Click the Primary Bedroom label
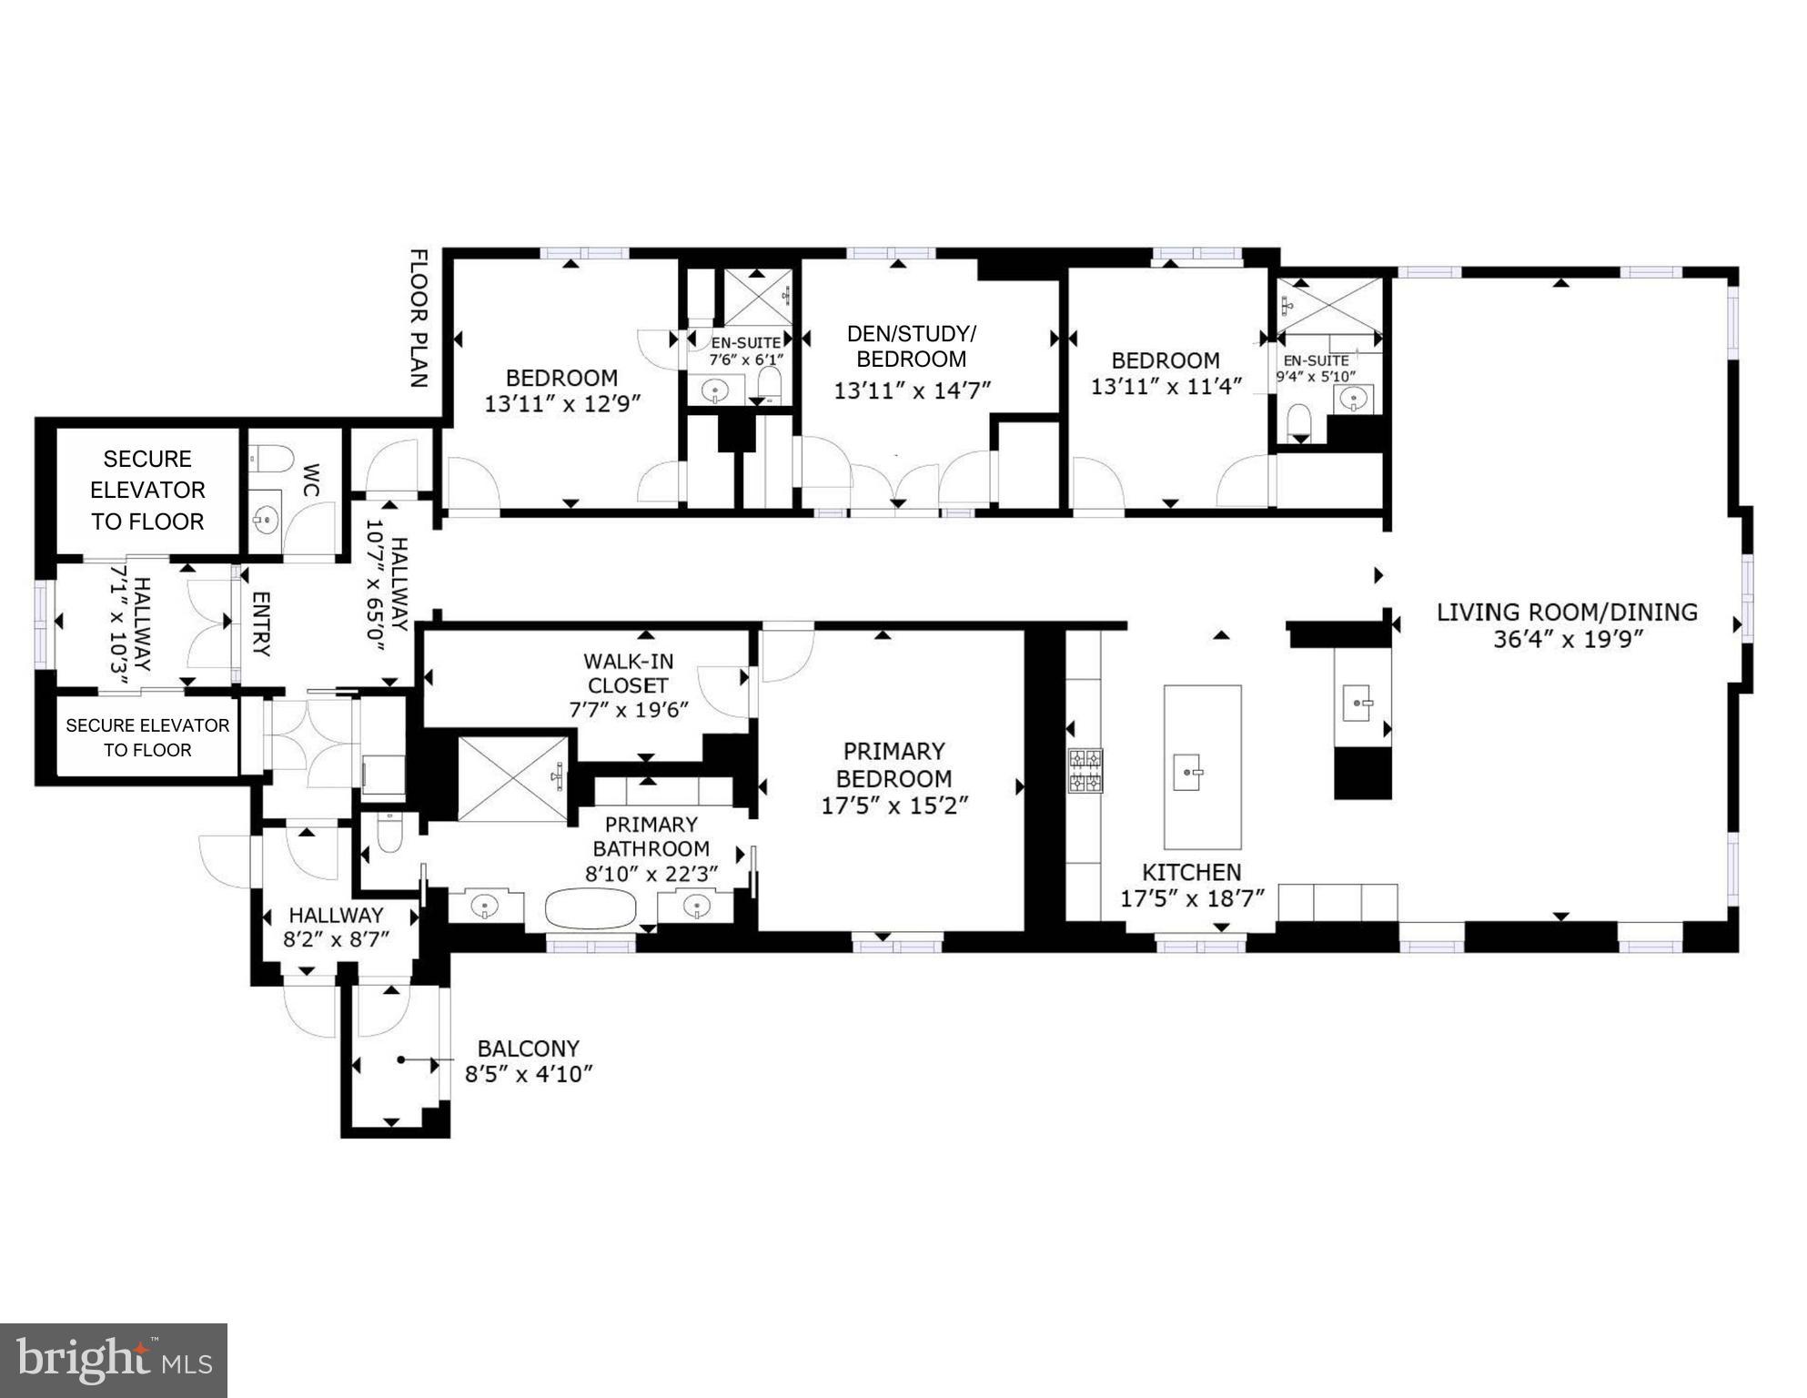click(893, 765)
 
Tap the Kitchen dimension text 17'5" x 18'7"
click(1192, 899)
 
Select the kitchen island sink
click(1187, 772)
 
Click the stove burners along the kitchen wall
click(1085, 770)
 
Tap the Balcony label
click(528, 1048)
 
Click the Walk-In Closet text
click(628, 674)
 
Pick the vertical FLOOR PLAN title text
click(419, 319)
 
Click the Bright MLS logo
click(114, 1360)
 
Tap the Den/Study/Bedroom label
click(911, 346)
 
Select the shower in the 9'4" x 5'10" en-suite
click(1329, 305)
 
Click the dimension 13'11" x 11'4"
click(1166, 387)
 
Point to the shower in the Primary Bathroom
click(513, 778)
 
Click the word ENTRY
click(260, 623)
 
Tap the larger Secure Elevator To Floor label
click(147, 490)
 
